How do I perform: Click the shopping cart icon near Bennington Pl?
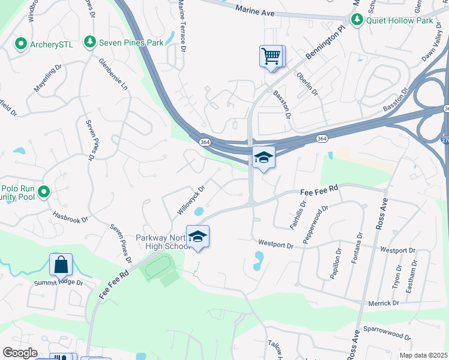coord(271,56)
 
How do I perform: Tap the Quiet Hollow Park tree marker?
coord(357,20)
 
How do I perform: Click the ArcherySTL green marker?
coord(20,43)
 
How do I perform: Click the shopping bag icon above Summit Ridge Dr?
coord(61,265)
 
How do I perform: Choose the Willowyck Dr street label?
coord(191,200)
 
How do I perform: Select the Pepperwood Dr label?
coord(316,224)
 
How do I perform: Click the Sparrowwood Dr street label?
coord(387,334)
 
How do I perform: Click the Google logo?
coord(20,353)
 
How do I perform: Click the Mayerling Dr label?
coord(47,79)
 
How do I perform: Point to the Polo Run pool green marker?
coord(43,192)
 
